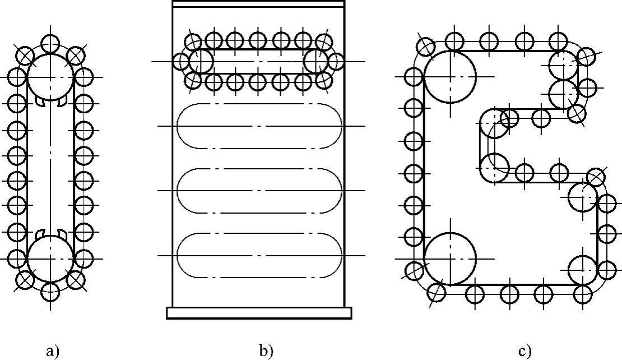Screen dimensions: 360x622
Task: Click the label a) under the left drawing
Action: (52, 352)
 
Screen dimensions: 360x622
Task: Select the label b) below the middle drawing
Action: (266, 352)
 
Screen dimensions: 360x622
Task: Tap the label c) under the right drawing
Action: (524, 352)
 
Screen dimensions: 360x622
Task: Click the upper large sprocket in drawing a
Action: (50, 77)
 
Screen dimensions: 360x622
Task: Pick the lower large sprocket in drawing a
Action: (50, 259)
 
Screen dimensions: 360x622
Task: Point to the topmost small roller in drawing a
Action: (50, 41)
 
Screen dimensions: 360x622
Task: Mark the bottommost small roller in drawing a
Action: (50, 292)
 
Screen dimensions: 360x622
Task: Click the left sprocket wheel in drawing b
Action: (201, 61)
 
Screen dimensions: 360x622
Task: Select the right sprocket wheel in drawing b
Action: (315, 61)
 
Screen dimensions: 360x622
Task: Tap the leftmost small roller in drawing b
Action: (182, 61)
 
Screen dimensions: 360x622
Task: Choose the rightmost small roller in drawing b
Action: (336, 61)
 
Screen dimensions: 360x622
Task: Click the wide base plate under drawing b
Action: (259, 312)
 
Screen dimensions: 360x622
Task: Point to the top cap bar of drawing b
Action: (258, 4)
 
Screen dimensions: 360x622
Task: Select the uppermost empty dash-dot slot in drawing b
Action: (259, 126)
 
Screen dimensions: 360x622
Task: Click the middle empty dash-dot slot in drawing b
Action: (259, 191)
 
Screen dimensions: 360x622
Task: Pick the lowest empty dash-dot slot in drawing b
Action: (259, 256)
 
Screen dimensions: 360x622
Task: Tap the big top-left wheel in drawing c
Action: (450, 76)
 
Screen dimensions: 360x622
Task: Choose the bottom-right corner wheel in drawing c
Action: (583, 270)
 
